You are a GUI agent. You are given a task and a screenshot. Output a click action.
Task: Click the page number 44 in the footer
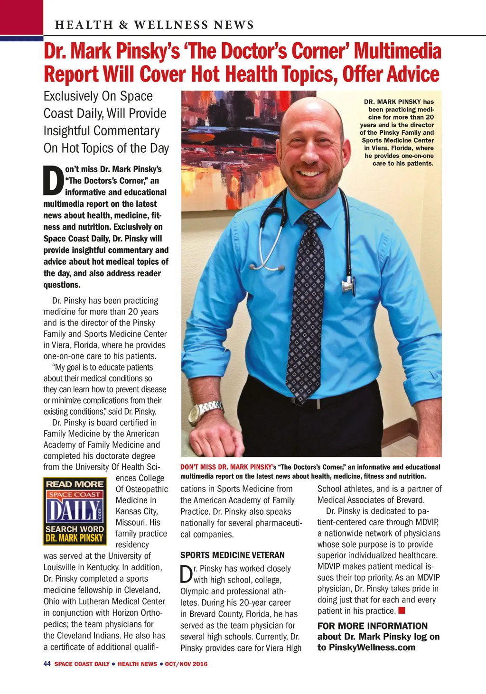(47, 664)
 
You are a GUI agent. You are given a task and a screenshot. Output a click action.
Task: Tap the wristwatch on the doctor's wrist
(206, 411)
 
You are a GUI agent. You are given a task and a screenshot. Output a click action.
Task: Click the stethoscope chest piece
(349, 285)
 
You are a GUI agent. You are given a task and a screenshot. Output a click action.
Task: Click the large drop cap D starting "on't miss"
(53, 181)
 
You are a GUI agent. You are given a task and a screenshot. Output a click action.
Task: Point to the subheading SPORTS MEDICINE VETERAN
(233, 555)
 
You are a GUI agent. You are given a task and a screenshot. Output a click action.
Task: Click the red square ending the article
(402, 611)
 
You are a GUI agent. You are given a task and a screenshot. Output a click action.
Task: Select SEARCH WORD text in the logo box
(75, 529)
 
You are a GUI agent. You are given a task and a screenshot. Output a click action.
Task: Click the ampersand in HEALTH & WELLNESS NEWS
(124, 25)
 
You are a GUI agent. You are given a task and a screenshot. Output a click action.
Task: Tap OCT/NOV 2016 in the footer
(186, 664)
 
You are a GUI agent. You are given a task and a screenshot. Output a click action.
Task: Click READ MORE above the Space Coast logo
(75, 484)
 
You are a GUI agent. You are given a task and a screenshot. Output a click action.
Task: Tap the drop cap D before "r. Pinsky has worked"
(187, 574)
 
